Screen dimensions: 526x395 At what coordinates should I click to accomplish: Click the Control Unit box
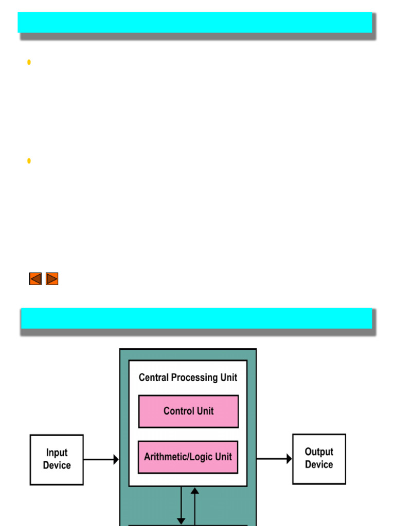(188, 411)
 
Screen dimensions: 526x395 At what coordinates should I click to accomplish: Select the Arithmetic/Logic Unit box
(188, 457)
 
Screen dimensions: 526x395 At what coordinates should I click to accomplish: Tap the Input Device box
(57, 460)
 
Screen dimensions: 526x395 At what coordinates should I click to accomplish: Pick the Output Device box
(319, 459)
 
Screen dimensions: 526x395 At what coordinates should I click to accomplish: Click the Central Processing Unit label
(188, 378)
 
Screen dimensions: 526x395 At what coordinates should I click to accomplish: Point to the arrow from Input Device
(101, 460)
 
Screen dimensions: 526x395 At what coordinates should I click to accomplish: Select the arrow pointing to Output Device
(274, 459)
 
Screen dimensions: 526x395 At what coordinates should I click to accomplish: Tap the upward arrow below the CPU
(195, 505)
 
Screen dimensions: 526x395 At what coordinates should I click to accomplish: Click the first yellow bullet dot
(29, 62)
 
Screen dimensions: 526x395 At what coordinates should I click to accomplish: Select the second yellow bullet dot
(29, 161)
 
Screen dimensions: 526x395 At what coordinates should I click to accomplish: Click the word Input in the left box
(57, 453)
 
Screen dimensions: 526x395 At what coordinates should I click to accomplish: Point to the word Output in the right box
(319, 452)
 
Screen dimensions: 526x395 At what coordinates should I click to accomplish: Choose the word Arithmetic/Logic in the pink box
(174, 457)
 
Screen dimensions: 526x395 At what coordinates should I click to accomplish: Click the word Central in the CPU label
(154, 378)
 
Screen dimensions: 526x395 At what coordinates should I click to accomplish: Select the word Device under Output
(319, 464)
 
